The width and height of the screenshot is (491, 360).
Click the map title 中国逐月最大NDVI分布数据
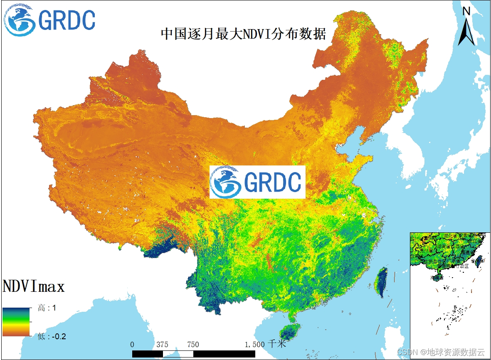point(243,34)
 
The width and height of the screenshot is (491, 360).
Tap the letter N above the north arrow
point(466,11)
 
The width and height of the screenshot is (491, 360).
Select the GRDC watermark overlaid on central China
point(257,182)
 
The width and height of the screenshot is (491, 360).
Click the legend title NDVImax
point(34,286)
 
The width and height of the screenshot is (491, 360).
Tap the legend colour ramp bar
point(16,321)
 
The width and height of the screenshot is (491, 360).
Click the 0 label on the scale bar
point(132,345)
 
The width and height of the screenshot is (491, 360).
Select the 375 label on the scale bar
point(163,345)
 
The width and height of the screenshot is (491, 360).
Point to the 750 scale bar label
point(193,345)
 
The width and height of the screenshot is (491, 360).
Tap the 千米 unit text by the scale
point(277,344)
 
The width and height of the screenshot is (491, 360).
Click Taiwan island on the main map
point(381,282)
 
